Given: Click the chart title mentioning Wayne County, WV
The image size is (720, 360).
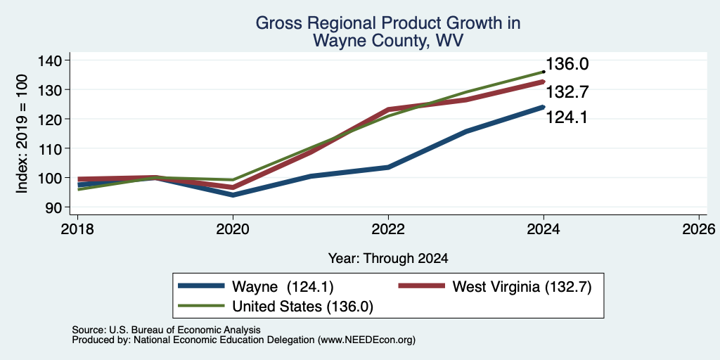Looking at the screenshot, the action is point(387,31).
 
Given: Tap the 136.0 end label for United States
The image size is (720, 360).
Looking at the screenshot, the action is point(567,64).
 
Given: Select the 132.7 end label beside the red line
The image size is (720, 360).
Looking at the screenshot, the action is point(567,92).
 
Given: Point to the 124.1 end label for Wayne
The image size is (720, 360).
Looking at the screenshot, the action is point(567,117).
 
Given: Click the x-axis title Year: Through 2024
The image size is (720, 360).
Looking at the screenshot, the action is point(388,259).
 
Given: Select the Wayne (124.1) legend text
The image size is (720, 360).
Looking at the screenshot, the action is point(283,287).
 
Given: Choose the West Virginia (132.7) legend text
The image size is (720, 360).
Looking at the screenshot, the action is point(522,287).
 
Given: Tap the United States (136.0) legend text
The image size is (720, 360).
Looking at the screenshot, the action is point(302,307).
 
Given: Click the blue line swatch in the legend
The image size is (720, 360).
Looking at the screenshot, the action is point(201,286).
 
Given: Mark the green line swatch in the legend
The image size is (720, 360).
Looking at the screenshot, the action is point(201,305).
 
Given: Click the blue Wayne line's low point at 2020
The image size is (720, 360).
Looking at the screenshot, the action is point(233,195).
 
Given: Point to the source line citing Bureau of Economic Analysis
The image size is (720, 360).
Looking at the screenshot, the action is point(167,330).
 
